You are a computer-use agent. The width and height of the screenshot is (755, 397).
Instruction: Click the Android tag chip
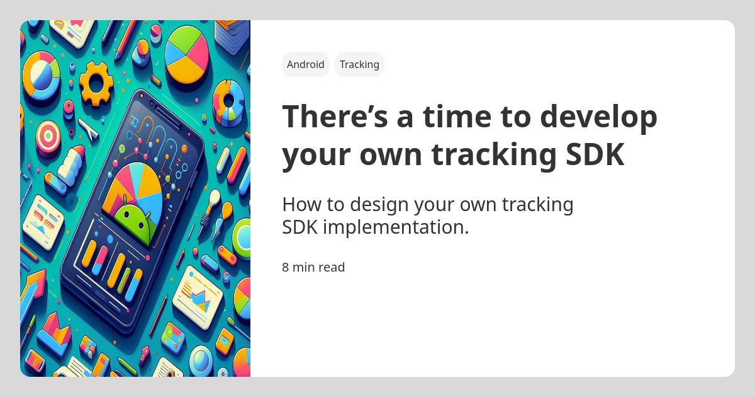(306, 64)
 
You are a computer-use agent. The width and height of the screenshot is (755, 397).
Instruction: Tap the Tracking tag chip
(359, 64)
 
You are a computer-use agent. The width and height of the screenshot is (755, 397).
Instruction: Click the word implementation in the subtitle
(396, 227)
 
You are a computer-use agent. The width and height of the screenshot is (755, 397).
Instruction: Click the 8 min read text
(313, 267)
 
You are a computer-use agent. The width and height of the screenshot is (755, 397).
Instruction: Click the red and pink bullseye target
(48, 135)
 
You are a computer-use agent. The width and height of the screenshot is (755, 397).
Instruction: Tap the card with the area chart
(198, 297)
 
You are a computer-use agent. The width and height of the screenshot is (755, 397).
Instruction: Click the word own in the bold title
(393, 155)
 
